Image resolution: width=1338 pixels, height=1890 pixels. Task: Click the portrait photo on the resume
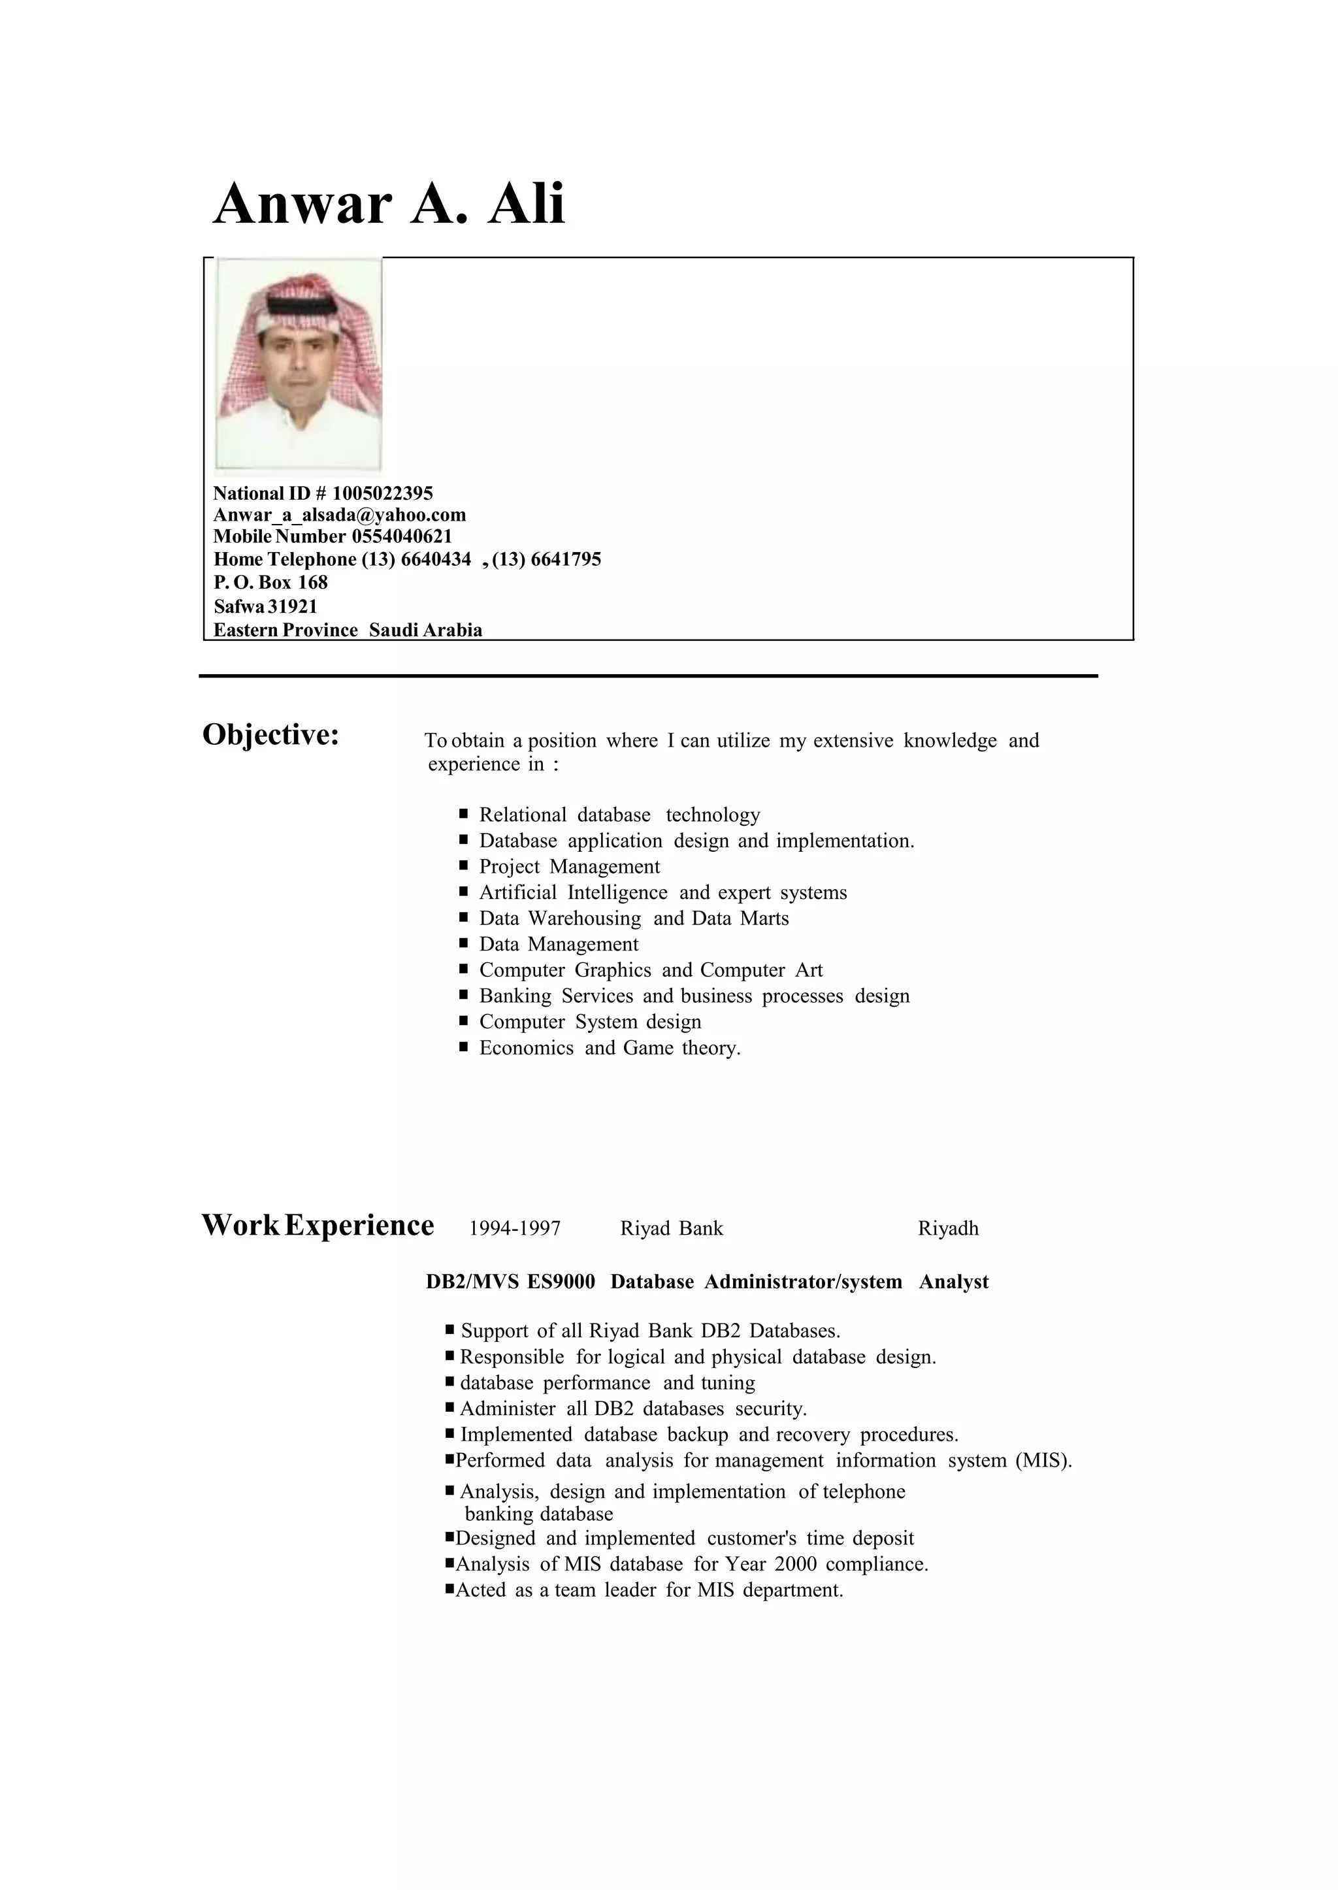coord(299,365)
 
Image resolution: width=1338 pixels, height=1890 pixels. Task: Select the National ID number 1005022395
coord(382,493)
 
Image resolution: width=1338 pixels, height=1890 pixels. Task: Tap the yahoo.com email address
coord(340,515)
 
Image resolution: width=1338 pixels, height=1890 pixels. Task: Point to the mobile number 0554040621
coord(402,536)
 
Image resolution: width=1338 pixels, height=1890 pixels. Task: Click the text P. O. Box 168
coord(270,583)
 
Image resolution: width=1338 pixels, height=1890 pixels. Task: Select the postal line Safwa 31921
coord(265,606)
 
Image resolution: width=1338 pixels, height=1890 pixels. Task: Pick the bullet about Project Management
coord(569,867)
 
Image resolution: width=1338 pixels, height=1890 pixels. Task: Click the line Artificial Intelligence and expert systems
coord(662,892)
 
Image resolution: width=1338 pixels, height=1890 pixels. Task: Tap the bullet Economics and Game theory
coord(610,1048)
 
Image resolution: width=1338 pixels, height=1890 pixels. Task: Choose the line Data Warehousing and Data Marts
coord(634,919)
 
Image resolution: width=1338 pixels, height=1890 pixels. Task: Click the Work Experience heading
coord(318,1225)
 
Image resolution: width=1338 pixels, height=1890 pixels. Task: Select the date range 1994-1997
coord(515,1228)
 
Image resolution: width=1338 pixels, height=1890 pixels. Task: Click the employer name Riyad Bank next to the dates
coord(672,1228)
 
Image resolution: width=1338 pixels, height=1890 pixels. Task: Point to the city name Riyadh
coord(949,1228)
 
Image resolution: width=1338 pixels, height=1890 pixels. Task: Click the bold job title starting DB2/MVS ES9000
coord(707,1282)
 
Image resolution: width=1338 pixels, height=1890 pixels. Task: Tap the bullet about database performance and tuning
coord(607,1382)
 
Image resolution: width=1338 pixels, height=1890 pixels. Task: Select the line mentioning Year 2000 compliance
coord(691,1564)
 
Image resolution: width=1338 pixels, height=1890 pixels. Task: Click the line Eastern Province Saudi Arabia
coord(348,630)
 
